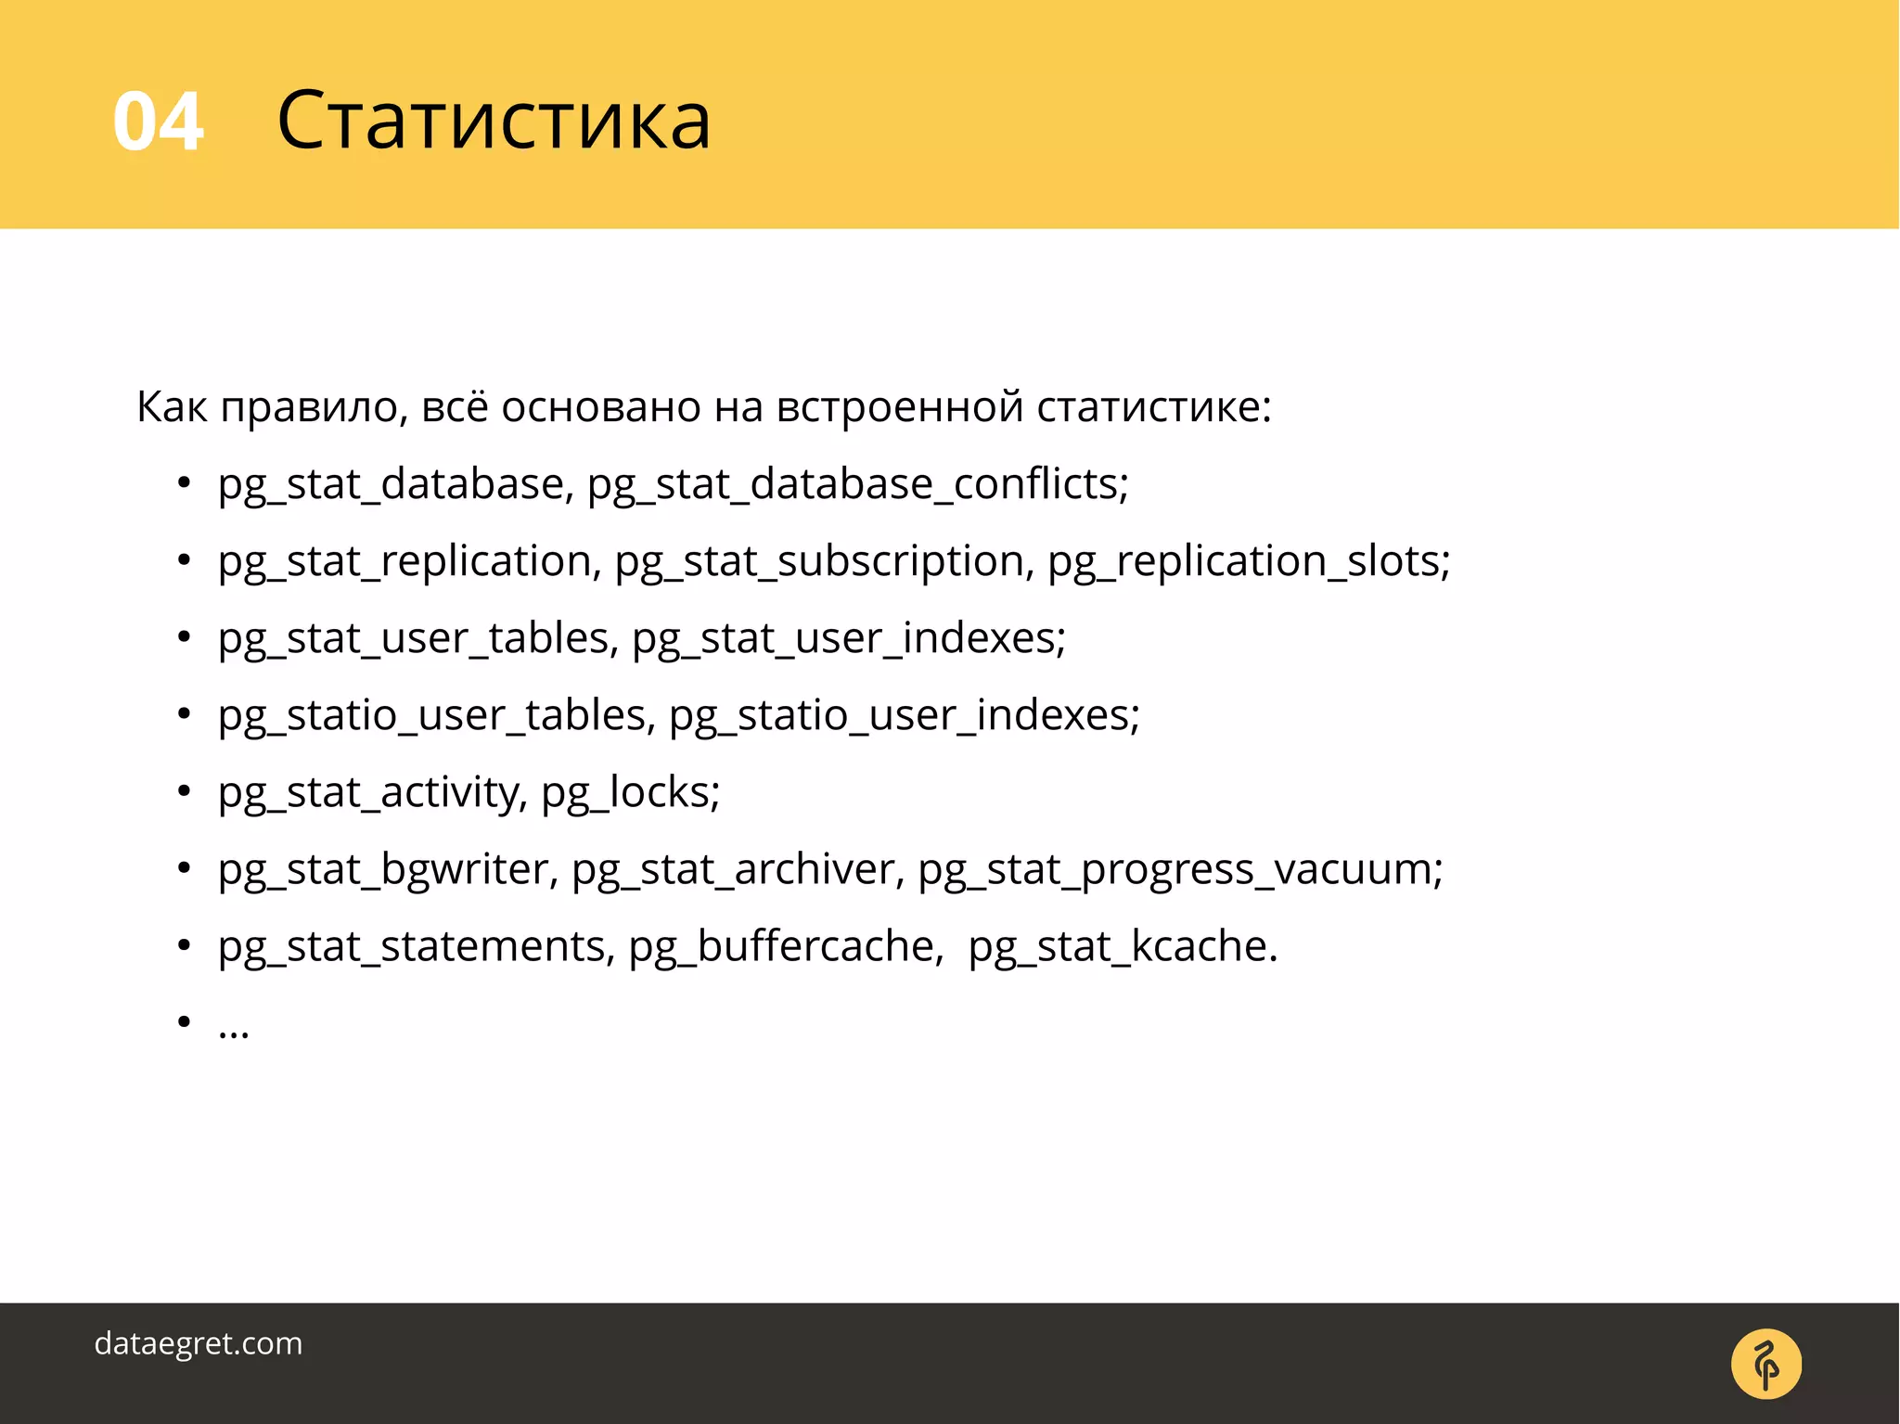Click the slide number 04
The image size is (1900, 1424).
click(x=158, y=122)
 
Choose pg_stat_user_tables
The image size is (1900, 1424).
click(x=414, y=638)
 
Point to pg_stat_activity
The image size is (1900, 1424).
click(x=370, y=792)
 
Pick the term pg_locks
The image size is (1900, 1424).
click(x=627, y=792)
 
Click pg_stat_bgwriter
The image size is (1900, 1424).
click(x=384, y=869)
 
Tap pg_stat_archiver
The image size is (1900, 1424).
click(x=734, y=869)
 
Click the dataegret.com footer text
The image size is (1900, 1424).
click(x=199, y=1343)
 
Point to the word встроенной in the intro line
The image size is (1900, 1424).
click(x=899, y=407)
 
